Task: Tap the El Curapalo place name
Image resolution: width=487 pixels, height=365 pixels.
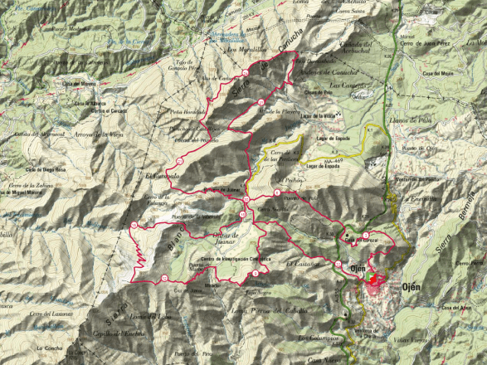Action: [x=162, y=177]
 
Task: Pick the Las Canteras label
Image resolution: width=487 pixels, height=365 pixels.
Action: [x=345, y=85]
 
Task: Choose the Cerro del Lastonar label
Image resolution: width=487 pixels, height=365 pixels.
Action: [x=56, y=314]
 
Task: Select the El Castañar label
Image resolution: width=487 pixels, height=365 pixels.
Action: [x=300, y=263]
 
